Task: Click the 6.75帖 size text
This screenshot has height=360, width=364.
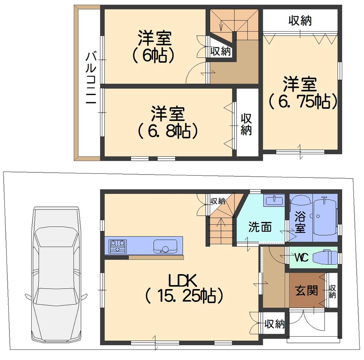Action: tap(302, 102)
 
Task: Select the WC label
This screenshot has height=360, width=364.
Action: tap(302, 257)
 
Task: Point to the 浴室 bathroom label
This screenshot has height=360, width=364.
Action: tap(301, 223)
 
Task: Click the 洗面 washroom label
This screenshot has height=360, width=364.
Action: tap(260, 227)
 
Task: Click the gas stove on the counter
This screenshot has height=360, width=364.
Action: tap(117, 245)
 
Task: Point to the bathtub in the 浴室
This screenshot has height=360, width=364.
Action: tap(325, 216)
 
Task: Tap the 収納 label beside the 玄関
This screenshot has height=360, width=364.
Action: tap(332, 291)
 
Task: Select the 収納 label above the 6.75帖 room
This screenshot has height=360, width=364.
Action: tap(300, 21)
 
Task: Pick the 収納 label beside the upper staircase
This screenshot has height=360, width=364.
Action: tap(220, 51)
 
